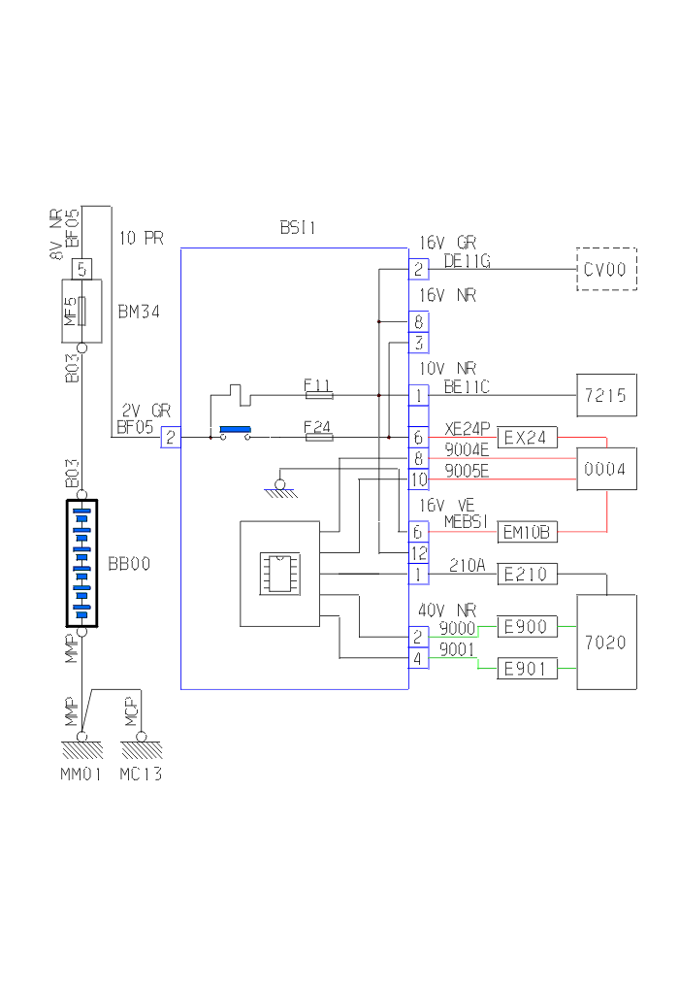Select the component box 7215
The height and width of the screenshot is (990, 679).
click(607, 395)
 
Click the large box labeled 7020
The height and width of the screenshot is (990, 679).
click(607, 642)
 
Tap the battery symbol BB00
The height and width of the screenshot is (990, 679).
click(81, 563)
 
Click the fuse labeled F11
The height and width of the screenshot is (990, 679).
click(318, 395)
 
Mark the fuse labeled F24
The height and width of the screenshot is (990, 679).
click(318, 438)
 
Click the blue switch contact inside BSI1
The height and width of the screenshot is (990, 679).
click(235, 429)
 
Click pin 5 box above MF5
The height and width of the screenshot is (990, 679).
click(81, 268)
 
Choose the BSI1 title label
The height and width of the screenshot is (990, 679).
click(298, 228)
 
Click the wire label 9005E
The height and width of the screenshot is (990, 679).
click(467, 472)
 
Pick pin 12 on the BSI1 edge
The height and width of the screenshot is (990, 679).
click(418, 553)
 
